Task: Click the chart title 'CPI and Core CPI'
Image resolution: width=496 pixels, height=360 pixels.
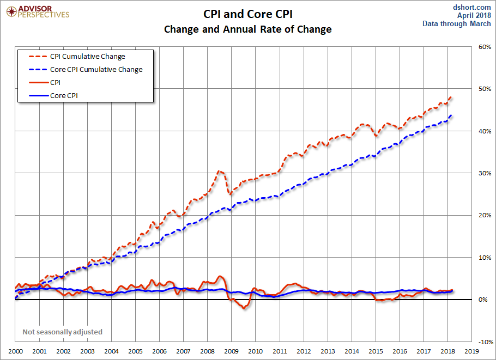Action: pyautogui.click(x=248, y=14)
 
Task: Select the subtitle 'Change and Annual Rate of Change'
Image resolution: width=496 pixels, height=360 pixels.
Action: pyautogui.click(x=248, y=29)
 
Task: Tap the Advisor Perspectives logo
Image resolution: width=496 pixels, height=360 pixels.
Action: pyautogui.click(x=37, y=11)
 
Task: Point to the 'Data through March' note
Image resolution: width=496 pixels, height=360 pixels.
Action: pyautogui.click(x=457, y=24)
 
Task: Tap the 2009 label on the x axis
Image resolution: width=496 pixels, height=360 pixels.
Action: pyautogui.click(x=231, y=352)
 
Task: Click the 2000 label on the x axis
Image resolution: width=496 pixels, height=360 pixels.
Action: pyautogui.click(x=15, y=352)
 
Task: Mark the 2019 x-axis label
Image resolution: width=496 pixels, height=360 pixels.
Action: pyautogui.click(x=471, y=352)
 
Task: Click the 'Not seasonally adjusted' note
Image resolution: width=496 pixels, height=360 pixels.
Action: pyautogui.click(x=62, y=332)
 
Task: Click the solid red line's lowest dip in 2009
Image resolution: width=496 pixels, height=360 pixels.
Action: pyautogui.click(x=244, y=308)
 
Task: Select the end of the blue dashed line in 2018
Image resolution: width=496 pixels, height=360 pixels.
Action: pyautogui.click(x=451, y=115)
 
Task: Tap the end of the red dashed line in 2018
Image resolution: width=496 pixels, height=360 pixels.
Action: pyautogui.click(x=451, y=97)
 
